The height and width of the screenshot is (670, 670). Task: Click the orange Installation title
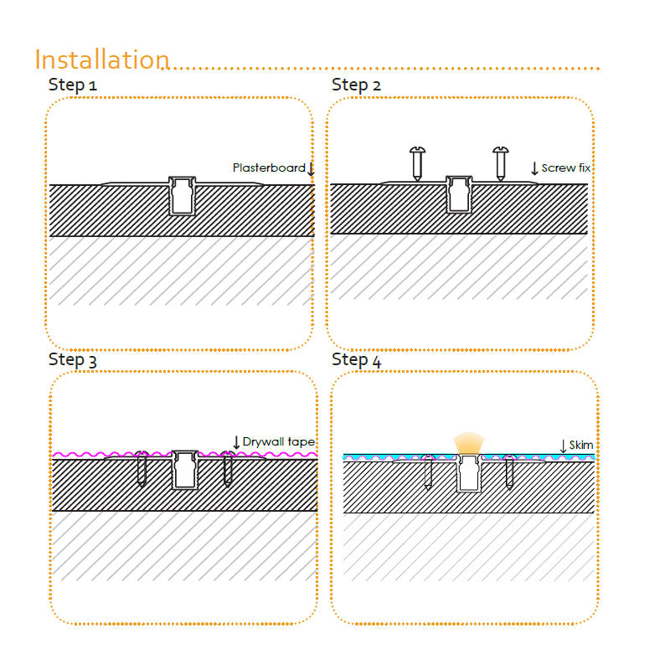coord(102,59)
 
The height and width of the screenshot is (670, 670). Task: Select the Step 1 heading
coord(73,85)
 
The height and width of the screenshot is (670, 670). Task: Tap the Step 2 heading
coord(356,85)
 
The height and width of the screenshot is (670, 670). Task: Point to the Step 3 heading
coord(73,360)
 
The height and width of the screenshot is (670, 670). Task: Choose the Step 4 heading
coord(356,360)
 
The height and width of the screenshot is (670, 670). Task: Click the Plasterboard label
coord(269,167)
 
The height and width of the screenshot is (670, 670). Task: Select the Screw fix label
coord(566,168)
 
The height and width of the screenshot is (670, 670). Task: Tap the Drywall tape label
coord(279,441)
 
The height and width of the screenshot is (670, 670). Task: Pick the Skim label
coord(580,445)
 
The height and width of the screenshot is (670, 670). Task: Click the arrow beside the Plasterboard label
coord(311,169)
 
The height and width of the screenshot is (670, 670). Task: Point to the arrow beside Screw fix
coord(534,168)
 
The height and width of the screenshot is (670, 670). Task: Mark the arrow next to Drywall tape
coord(236,442)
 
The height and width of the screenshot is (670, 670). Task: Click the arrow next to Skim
coord(563,446)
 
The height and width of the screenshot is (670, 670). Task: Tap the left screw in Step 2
coord(417,163)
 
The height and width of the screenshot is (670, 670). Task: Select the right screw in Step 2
coord(500,163)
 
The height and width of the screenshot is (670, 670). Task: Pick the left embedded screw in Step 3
coord(142,469)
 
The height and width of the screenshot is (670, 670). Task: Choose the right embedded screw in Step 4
coord(509,472)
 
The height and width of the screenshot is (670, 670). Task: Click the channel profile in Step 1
coord(182,196)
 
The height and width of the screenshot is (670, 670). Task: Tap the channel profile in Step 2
coord(459,194)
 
